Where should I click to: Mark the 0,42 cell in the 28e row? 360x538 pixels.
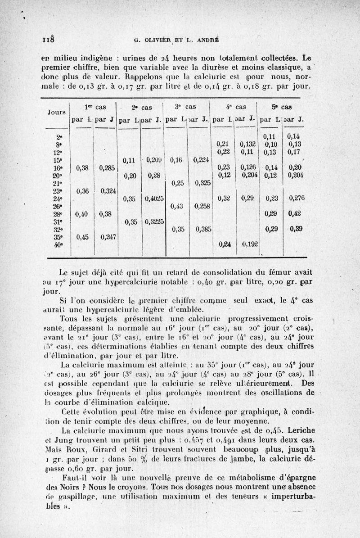[296, 213]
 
